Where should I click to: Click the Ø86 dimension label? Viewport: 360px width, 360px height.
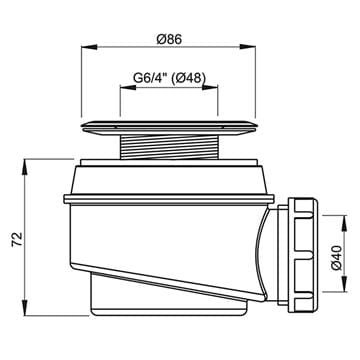click(x=169, y=40)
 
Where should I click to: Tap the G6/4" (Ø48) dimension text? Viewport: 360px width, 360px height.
click(x=169, y=78)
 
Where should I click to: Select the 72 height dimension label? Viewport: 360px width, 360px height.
click(x=17, y=239)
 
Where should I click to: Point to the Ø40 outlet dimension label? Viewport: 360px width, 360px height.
click(x=337, y=257)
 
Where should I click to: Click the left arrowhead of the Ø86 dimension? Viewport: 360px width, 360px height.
click(x=89, y=47)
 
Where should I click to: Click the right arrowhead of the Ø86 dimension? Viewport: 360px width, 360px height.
click(x=248, y=47)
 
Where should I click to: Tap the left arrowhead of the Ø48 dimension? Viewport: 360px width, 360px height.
click(x=128, y=87)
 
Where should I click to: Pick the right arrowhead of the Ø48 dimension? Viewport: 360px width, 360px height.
click(x=210, y=87)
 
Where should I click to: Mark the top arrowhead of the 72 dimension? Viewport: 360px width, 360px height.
click(x=25, y=167)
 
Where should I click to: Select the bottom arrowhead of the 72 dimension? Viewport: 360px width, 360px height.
click(x=25, y=308)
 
